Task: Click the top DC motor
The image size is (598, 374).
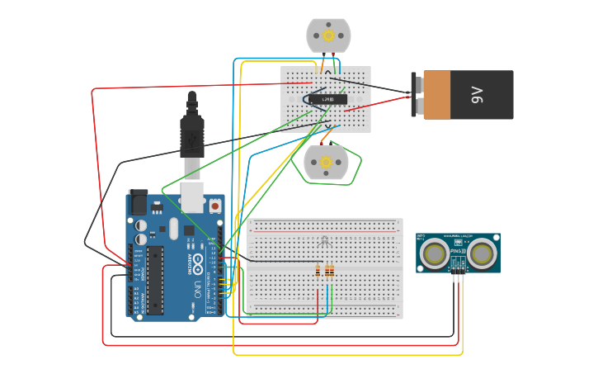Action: point(328,36)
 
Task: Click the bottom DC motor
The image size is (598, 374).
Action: point(326,163)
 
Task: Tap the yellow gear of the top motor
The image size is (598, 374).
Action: point(328,36)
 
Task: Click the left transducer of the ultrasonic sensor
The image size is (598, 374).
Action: point(434,254)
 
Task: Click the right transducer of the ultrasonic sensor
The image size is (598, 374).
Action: point(482,254)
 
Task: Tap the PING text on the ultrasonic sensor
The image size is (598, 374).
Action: point(457,251)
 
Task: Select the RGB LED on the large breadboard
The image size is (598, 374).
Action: point(323,240)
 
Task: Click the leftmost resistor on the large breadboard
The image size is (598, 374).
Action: point(318,271)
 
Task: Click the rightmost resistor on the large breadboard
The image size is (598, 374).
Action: point(332,271)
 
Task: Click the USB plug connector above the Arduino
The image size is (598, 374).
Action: point(192,136)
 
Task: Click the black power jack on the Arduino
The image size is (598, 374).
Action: point(138,202)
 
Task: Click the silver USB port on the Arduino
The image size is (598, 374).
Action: point(192,196)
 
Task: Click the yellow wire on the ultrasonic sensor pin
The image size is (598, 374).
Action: point(462,281)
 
